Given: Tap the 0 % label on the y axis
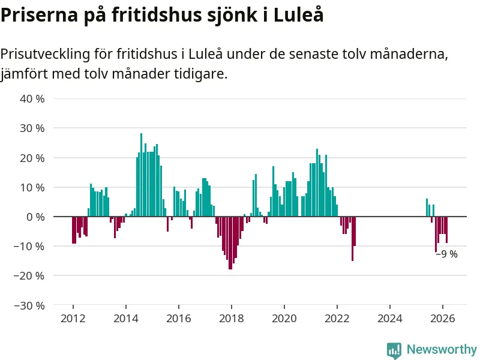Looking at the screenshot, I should tap(36, 217).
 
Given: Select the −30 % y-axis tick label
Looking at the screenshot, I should tap(30, 305).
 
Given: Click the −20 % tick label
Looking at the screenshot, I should tap(30, 276).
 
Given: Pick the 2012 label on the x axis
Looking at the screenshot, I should tap(73, 319).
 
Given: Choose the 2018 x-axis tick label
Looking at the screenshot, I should tap(231, 319).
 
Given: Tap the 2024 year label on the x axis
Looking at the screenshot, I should tap(389, 319).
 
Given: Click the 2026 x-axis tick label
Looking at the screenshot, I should tap(442, 319).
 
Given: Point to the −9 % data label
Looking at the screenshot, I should tap(447, 254).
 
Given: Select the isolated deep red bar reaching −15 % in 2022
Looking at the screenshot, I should tap(352, 239).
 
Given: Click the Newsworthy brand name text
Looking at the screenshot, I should tap(442, 349).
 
